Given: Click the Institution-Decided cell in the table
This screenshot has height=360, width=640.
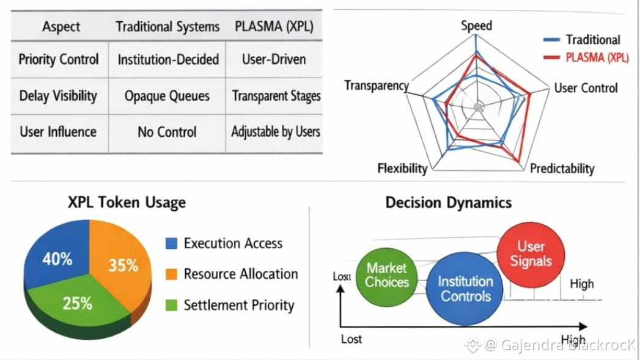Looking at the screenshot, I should click(x=167, y=59).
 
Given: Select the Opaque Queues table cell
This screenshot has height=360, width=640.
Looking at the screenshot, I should click(x=167, y=96).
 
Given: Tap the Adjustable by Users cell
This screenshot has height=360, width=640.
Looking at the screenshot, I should click(x=275, y=131).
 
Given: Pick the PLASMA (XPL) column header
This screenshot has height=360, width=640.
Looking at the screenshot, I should click(x=275, y=27).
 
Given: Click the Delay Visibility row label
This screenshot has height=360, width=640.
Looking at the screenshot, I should click(x=58, y=96).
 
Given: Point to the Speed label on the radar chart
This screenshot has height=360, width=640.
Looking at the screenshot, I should click(x=476, y=26).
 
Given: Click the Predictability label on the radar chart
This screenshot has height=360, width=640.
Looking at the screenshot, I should click(x=562, y=169).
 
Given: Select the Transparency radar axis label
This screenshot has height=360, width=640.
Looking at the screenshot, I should click(x=376, y=86).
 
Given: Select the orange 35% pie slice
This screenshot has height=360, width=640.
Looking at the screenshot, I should click(x=123, y=266).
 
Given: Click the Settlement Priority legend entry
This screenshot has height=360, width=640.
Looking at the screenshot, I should click(x=239, y=305).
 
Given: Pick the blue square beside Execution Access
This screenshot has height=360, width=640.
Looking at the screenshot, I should click(x=172, y=243).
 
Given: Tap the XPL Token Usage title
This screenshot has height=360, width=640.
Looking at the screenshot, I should click(x=127, y=202).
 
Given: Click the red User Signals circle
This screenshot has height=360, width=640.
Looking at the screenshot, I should click(x=531, y=254).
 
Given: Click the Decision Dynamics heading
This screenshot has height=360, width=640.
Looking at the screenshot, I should click(x=448, y=203).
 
